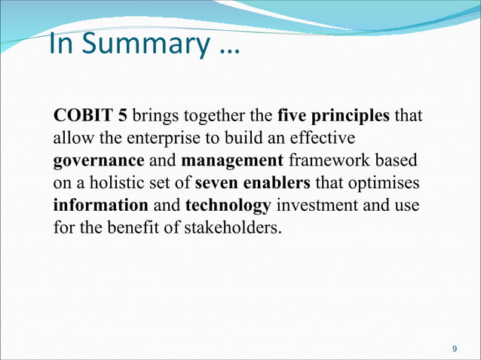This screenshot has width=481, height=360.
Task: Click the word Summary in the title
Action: (x=144, y=44)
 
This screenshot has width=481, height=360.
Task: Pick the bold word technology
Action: (x=228, y=204)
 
